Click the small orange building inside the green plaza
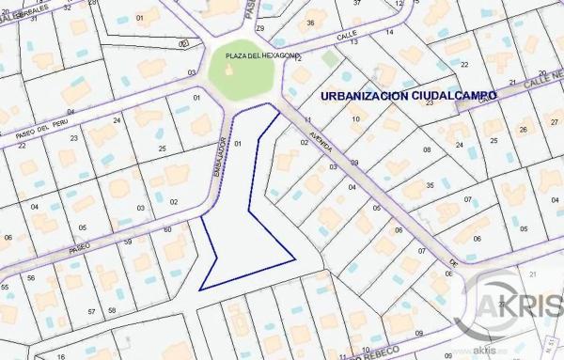(231, 73)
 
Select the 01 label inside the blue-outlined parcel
(238, 144)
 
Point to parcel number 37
(356, 4)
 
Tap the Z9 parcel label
(260, 29)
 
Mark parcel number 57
(91, 311)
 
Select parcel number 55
(5, 287)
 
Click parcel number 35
(430, 186)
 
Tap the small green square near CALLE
(328, 59)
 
